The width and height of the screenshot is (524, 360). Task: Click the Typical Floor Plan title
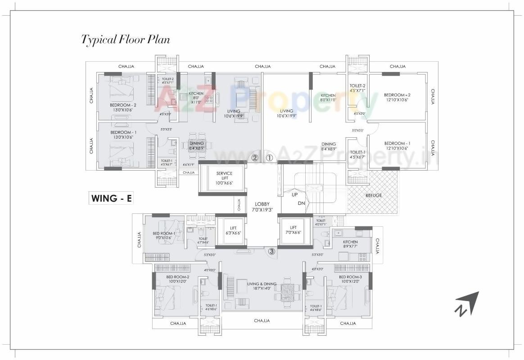tap(125, 40)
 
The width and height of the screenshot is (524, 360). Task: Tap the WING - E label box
tap(111, 198)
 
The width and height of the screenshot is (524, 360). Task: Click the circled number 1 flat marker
tap(269, 158)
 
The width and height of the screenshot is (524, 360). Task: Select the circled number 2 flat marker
tap(255, 158)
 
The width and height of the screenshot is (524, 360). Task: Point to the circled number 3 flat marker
tap(271, 252)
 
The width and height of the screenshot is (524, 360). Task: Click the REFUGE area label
tap(374, 195)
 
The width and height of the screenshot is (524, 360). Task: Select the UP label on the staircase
tap(295, 195)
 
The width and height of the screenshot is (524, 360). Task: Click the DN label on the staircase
tap(301, 203)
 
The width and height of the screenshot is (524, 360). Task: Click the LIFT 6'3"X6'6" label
tap(233, 230)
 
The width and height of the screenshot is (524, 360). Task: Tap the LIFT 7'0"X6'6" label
tap(293, 230)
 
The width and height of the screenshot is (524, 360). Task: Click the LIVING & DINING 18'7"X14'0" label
tap(262, 286)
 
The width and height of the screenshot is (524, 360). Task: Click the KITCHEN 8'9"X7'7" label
tap(350, 244)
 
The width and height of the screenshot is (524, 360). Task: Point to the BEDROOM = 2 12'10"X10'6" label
tap(397, 97)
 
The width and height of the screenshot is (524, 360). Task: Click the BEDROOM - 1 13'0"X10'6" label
tap(123, 135)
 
